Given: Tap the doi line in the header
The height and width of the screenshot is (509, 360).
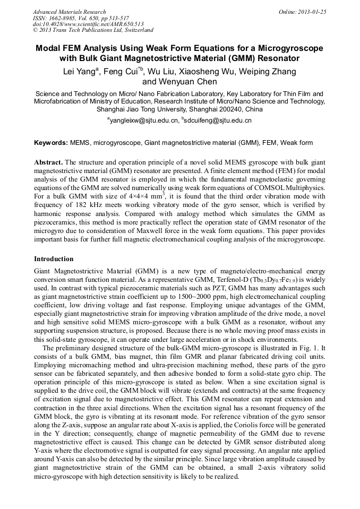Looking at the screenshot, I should click(x=88, y=24).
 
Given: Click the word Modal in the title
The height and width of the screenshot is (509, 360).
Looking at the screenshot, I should click(x=49, y=48).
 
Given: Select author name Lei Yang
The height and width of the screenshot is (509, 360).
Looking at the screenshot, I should click(x=79, y=72).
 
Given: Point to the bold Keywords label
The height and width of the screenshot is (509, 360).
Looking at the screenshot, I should click(x=51, y=143).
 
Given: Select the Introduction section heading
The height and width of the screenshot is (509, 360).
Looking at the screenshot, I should click(x=54, y=259).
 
